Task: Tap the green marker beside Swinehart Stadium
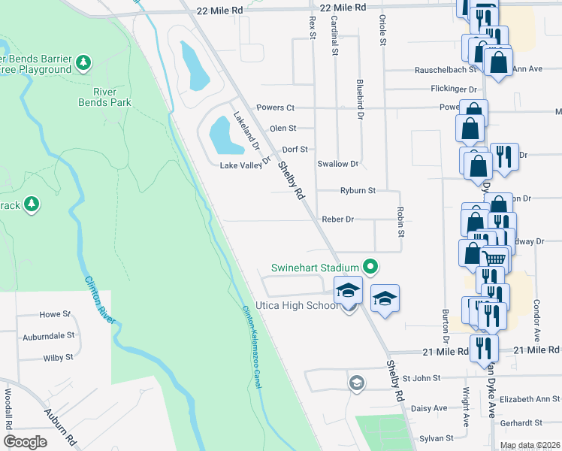(x=370, y=266)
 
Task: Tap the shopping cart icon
(x=493, y=259)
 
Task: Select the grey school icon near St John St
(x=357, y=383)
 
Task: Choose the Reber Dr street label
(x=337, y=219)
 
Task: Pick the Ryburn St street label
(x=358, y=191)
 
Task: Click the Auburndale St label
(x=48, y=336)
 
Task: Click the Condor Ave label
(x=536, y=319)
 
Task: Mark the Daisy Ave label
(x=429, y=408)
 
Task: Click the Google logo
(x=25, y=442)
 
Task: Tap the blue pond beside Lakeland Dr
(x=223, y=134)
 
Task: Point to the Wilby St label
(x=58, y=358)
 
